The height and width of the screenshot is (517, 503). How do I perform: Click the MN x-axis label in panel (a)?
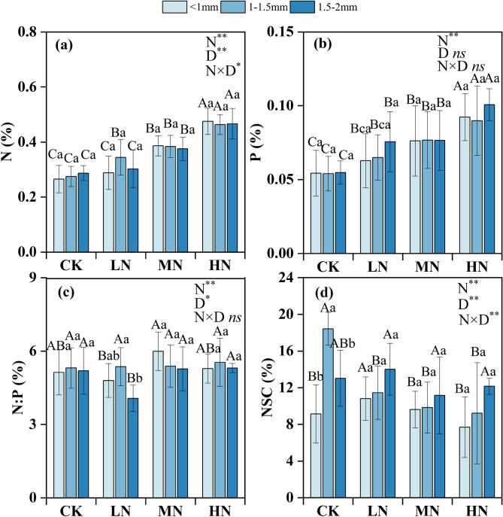click(168, 266)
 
